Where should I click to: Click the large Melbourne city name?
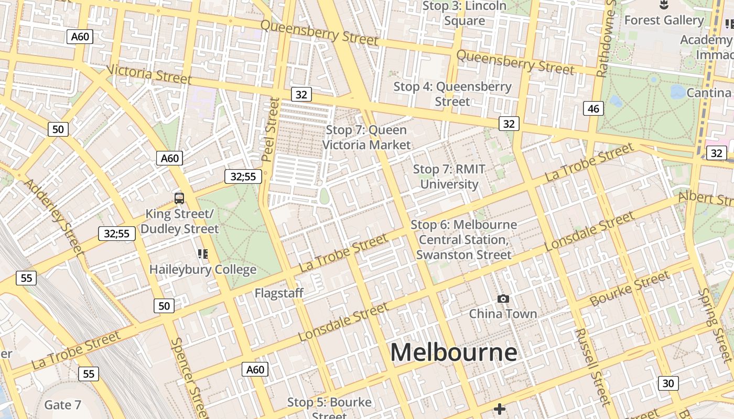tap(454, 352)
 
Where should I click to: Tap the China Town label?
tap(503, 314)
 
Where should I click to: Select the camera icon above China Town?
tap(503, 299)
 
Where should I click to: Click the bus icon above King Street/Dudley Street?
tap(179, 198)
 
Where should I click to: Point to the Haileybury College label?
tap(203, 270)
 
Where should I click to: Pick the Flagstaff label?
tap(279, 293)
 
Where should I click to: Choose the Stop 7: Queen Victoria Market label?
tap(366, 137)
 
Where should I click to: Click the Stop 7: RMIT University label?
tap(449, 177)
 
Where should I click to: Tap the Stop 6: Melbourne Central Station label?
tap(464, 239)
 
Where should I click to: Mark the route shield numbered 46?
tap(593, 108)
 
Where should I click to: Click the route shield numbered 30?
tap(668, 383)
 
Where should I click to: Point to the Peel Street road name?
tap(271, 129)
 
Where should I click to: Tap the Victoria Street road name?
tap(149, 74)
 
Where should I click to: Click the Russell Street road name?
tap(592, 367)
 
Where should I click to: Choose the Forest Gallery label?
tap(664, 20)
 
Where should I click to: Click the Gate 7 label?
tap(62, 405)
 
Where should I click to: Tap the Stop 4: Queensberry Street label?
tap(452, 94)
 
